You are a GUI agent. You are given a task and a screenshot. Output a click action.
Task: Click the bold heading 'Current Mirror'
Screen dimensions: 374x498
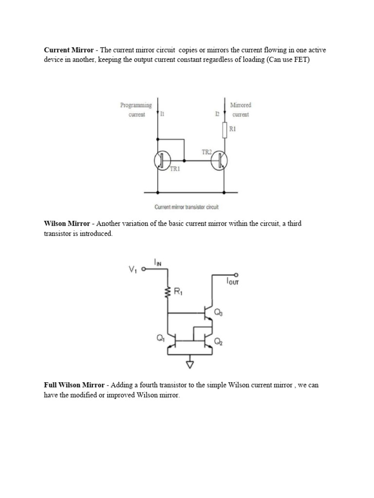68,50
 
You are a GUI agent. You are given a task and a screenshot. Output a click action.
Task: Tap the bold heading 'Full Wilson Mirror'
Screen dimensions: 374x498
74,385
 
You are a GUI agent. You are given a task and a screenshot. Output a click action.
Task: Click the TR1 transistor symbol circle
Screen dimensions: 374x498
162,160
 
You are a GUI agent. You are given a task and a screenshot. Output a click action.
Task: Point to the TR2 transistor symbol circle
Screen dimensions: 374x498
220,160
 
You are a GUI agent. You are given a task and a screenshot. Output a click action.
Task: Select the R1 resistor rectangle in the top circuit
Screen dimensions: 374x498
224,130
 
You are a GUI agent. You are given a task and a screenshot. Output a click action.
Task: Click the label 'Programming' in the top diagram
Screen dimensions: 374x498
136,105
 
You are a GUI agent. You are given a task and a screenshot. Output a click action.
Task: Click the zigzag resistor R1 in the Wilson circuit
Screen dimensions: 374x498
168,292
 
